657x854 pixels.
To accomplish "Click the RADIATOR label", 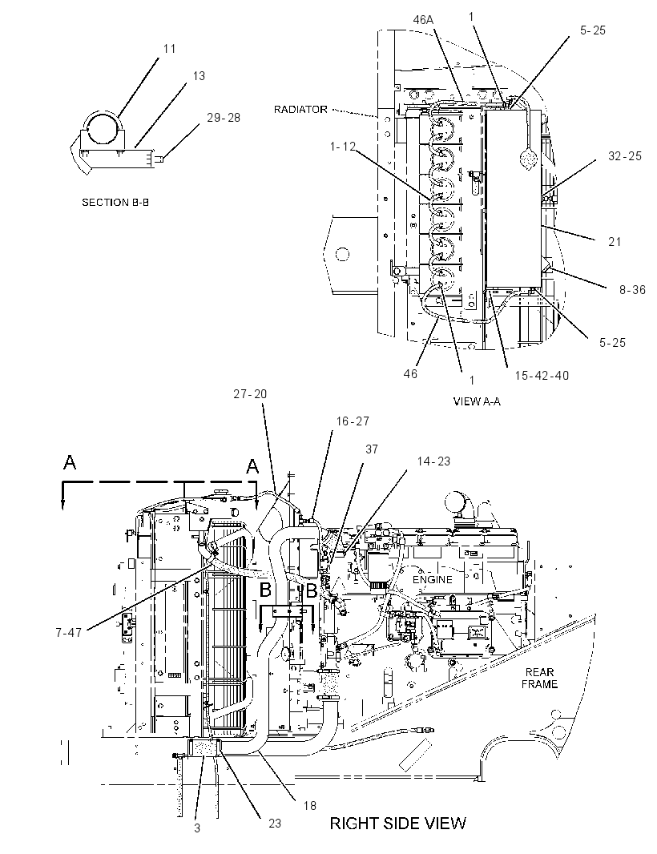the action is click(300, 110).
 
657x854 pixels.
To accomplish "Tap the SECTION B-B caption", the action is click(115, 202).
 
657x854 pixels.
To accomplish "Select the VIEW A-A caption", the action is click(476, 401).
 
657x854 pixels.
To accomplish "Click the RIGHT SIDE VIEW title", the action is click(397, 823).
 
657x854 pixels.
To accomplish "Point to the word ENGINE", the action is click(432, 579).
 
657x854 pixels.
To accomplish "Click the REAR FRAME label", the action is click(539, 678).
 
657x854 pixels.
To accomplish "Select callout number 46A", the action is click(423, 20).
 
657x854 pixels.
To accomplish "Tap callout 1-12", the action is click(342, 147).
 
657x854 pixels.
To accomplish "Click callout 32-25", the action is click(625, 155).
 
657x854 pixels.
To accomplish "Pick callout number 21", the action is click(615, 241).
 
